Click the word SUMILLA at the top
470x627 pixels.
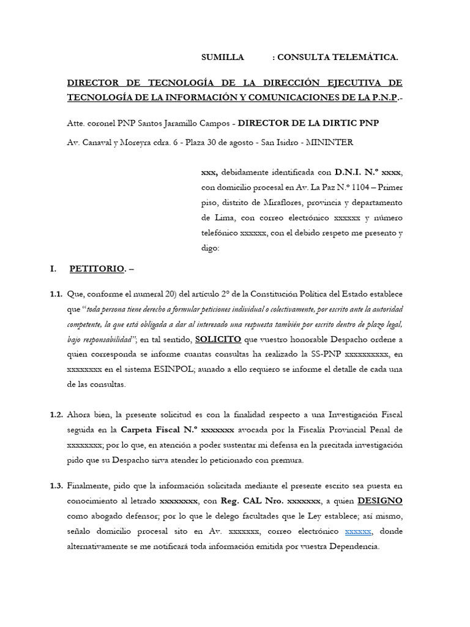[x=223, y=58]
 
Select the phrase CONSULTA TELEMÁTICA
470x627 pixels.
[x=337, y=58]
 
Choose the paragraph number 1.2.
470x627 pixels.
[x=56, y=415]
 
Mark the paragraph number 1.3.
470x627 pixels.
[x=56, y=486]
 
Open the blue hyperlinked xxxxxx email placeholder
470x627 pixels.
[x=358, y=531]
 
